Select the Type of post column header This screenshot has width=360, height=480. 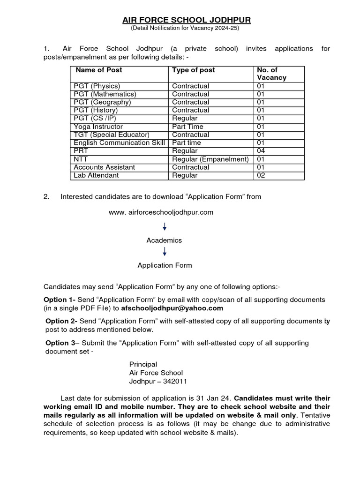point(194,70)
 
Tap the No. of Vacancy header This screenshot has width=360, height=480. point(271,74)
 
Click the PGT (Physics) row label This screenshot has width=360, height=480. point(97,86)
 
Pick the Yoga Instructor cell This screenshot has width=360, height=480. point(98,127)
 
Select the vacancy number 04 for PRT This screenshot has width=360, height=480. point(261,151)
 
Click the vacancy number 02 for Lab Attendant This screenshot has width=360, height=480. point(261,175)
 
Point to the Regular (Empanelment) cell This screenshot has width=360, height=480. point(210,159)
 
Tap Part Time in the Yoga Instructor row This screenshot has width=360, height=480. point(187,127)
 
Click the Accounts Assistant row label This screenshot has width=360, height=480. point(105,167)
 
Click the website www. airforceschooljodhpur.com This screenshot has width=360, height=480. point(161,212)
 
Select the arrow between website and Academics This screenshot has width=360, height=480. point(165,226)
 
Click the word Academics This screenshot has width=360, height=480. point(164,240)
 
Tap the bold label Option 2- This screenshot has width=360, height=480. point(61,321)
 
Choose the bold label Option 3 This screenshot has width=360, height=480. point(60,343)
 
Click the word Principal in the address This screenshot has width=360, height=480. point(143,364)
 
